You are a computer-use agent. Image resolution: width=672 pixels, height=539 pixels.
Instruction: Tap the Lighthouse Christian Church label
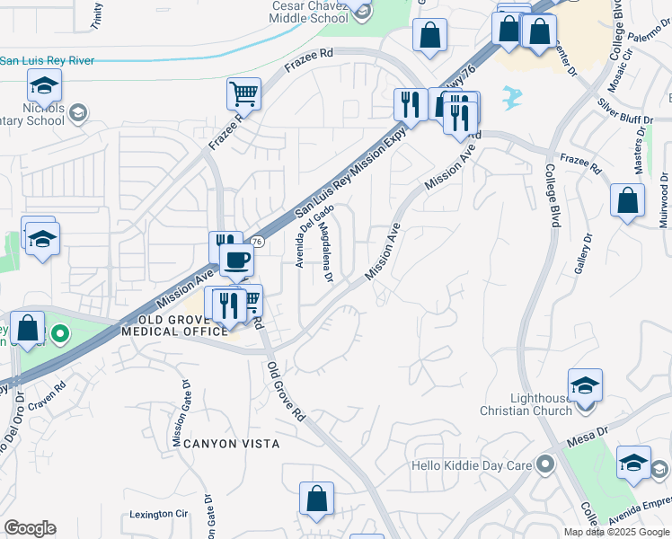[x=526, y=404]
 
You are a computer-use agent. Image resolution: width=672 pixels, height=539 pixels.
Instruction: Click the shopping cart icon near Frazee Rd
[x=243, y=93]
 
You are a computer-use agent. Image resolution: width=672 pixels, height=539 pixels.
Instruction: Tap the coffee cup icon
[x=237, y=261]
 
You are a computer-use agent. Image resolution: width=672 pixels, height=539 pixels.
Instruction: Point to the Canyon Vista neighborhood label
[x=232, y=444]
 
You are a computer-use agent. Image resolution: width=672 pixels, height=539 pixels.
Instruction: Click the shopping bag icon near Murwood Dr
[x=627, y=202]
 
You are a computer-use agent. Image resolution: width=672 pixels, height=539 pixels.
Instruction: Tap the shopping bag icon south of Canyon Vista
[x=316, y=500]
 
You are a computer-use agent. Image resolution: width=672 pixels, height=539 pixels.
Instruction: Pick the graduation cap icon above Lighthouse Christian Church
[x=586, y=386]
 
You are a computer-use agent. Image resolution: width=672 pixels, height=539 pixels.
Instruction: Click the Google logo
[x=30, y=528]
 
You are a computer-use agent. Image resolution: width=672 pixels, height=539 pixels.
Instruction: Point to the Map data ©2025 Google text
[x=615, y=532]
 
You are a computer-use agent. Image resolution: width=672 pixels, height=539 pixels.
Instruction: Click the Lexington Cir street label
[x=158, y=515]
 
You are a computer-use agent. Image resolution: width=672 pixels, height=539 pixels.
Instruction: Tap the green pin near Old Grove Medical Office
[x=60, y=335]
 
